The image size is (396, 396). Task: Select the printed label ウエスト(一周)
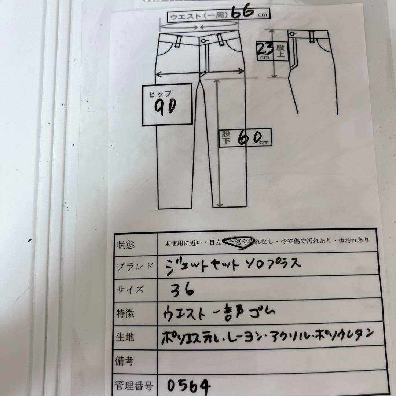click(x=198, y=16)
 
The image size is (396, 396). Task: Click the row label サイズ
click(x=130, y=290)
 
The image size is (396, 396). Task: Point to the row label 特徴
click(x=125, y=313)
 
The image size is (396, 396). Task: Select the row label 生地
click(x=125, y=337)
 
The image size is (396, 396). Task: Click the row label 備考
click(x=125, y=361)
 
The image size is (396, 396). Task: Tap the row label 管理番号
click(x=134, y=385)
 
